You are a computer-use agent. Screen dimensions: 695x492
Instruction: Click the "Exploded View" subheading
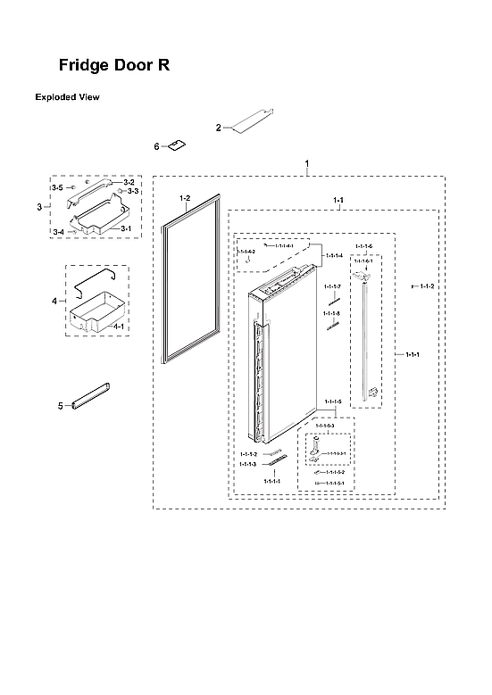coord(66,96)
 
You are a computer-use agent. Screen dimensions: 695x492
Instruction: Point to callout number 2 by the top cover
coord(218,128)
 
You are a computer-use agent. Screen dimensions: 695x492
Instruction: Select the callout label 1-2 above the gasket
coord(185,196)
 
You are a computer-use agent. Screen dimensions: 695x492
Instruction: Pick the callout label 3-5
coord(56,188)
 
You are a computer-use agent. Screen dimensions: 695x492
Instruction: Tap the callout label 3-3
coord(131,191)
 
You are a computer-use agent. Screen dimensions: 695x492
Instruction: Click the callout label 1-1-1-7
coord(331,286)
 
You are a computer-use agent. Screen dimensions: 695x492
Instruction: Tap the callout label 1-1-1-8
coord(331,314)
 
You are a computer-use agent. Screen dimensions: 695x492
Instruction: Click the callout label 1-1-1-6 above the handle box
coord(363,245)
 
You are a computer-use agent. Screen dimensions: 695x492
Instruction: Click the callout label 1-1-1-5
coord(332,402)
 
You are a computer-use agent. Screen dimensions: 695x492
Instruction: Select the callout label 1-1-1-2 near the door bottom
coord(248,454)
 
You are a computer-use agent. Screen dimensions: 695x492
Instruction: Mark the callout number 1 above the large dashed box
coord(306,163)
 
